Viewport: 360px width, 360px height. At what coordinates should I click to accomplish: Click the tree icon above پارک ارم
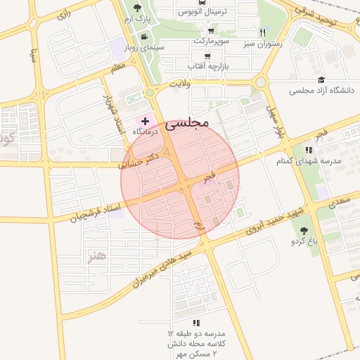137,8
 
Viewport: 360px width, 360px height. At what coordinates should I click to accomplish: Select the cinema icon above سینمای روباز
144,37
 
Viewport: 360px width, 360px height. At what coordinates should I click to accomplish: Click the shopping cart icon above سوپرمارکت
210,31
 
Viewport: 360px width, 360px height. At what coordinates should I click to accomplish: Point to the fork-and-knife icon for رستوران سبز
263,32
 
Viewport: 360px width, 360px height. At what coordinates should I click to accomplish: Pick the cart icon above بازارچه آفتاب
207,56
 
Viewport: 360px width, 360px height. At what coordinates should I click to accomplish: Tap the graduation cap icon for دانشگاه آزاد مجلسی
321,80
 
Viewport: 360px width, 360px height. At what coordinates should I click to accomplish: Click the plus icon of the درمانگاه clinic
146,121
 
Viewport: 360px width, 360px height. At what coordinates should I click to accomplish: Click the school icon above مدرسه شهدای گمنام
308,150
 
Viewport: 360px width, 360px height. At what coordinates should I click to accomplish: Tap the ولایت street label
178,84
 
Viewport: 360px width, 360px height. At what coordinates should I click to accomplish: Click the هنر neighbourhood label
96,258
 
